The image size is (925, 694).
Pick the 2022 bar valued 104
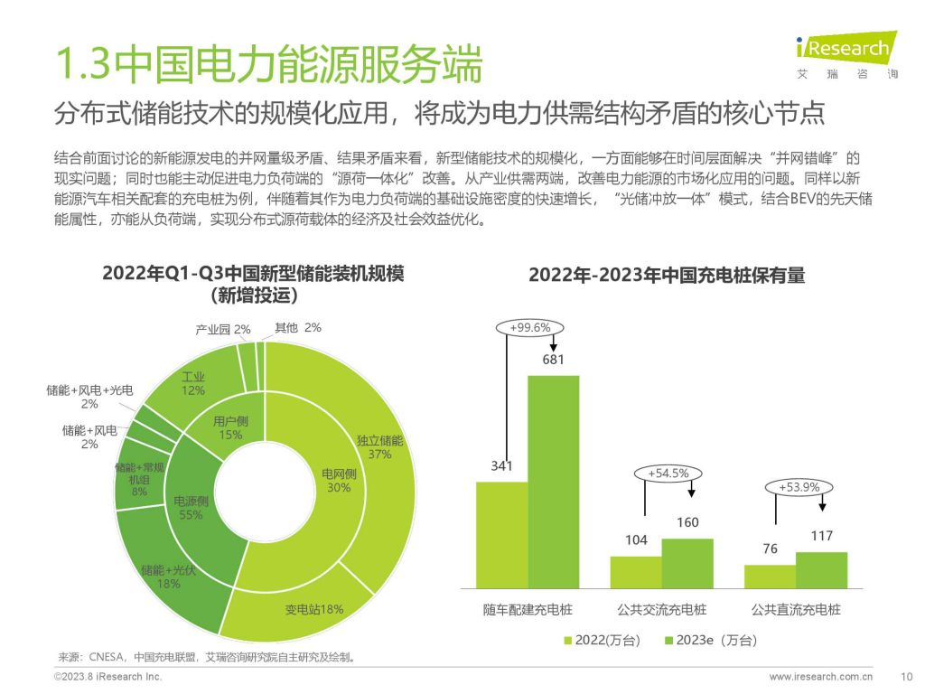[x=636, y=573]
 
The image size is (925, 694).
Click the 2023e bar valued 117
[x=821, y=571]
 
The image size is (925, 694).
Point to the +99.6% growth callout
[x=530, y=327]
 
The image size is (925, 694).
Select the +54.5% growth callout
[x=668, y=473]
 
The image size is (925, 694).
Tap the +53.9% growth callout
[x=799, y=488]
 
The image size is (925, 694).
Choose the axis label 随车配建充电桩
[x=528, y=610]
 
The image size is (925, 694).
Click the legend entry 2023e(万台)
[x=710, y=640]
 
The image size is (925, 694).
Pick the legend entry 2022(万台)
[x=602, y=640]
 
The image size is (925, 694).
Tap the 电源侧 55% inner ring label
[x=189, y=508]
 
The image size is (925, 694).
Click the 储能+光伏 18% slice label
[x=160, y=577]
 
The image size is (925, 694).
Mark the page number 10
[x=908, y=676]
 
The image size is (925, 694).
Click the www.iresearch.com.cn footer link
[x=820, y=676]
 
